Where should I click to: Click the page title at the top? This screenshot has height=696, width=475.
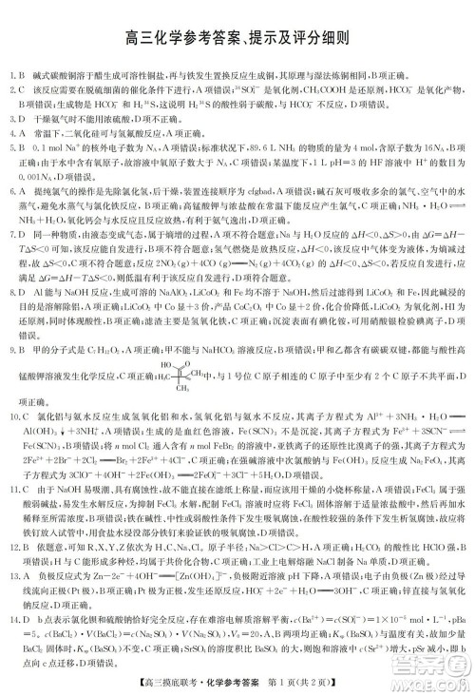237,38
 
